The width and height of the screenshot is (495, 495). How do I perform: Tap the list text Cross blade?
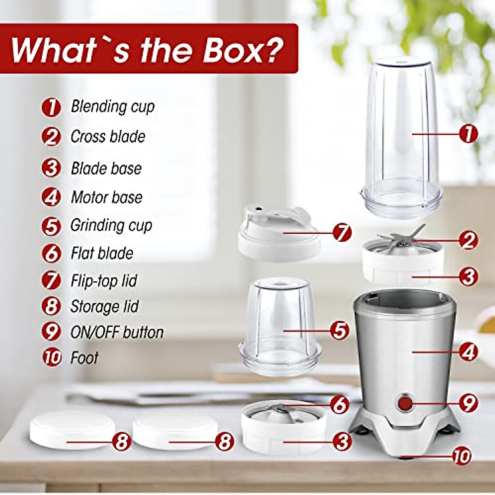click(108, 137)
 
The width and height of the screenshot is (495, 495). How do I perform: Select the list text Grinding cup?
click(111, 226)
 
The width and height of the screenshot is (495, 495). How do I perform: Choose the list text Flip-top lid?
click(104, 281)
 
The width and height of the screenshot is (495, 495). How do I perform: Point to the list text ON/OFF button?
click(117, 332)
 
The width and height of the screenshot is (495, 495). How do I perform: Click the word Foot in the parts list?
click(84, 358)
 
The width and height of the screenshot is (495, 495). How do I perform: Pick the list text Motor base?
click(106, 198)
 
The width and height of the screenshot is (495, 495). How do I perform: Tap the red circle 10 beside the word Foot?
click(52, 357)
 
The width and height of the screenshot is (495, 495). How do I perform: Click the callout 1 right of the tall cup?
click(468, 134)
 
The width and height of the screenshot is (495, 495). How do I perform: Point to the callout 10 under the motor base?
click(461, 456)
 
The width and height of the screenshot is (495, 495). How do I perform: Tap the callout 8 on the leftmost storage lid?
click(121, 442)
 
